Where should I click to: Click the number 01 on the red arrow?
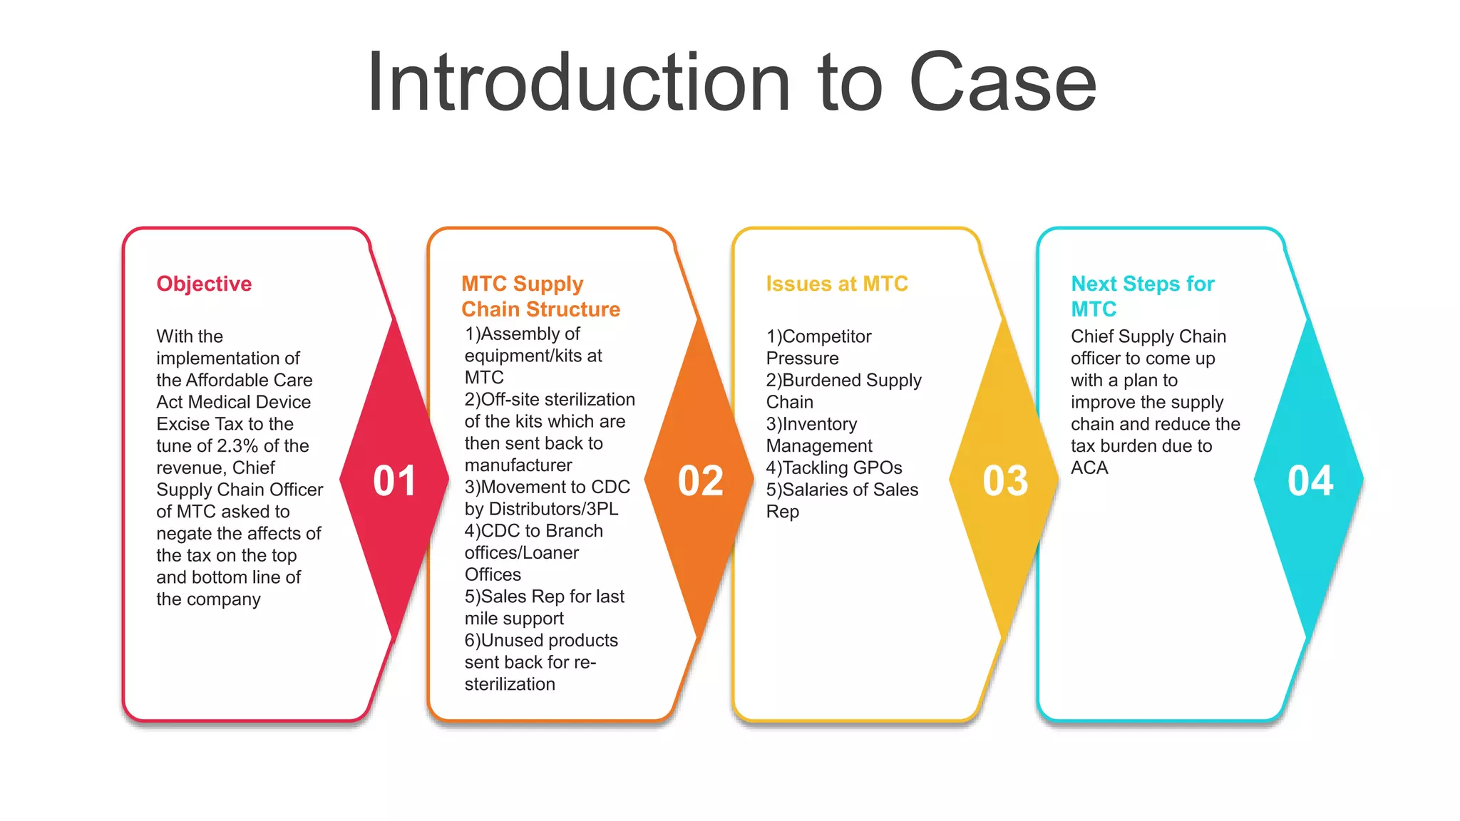[x=394, y=481]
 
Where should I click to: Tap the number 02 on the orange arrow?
[x=700, y=481]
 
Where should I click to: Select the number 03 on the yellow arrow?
[x=1005, y=481]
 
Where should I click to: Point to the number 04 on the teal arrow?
[x=1310, y=481]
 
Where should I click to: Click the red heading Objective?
[x=204, y=284]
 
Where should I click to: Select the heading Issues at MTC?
[x=837, y=284]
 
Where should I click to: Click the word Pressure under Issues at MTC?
[x=802, y=358]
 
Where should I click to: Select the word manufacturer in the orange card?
[x=518, y=465]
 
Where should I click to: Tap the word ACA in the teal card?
[x=1089, y=468]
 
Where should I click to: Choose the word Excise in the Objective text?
[x=182, y=424]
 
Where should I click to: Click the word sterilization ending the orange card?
[x=510, y=685]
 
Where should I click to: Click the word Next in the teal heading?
[x=1094, y=284]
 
